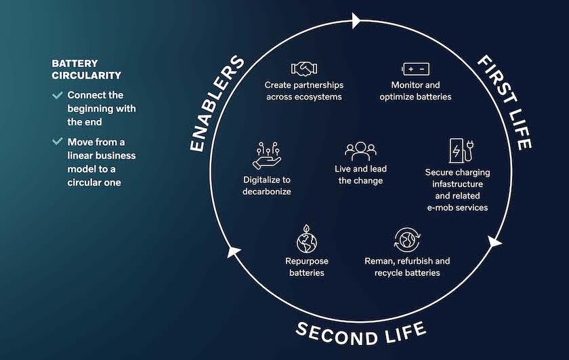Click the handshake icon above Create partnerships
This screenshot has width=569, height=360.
click(x=303, y=68)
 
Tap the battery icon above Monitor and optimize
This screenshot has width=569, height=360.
click(x=415, y=68)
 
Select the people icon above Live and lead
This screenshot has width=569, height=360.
click(x=360, y=151)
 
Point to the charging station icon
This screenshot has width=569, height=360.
click(x=458, y=151)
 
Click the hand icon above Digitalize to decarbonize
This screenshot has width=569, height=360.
click(x=266, y=156)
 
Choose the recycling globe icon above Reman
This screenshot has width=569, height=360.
click(x=407, y=239)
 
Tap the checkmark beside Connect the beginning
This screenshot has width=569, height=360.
click(x=58, y=96)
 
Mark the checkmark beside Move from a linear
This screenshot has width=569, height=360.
click(x=58, y=142)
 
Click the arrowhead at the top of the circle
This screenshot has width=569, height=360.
click(x=356, y=21)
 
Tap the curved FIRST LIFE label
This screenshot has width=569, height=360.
click(x=504, y=101)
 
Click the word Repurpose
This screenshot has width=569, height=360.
click(x=306, y=261)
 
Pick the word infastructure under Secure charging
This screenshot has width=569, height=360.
click(x=457, y=184)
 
